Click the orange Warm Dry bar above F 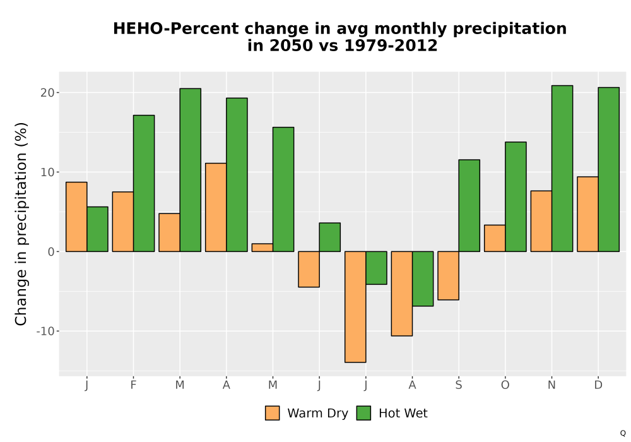[123, 222]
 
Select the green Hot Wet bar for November [562, 169]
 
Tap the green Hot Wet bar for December [608, 169]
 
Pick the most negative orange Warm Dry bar [355, 307]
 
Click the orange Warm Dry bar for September [448, 276]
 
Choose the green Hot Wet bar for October [516, 197]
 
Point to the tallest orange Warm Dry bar [216, 207]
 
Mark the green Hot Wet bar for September [469, 206]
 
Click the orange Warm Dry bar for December [588, 214]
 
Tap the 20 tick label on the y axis [47, 93]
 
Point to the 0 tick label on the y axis [51, 251]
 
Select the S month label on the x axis [458, 385]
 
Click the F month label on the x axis [133, 385]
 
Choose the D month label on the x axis [598, 385]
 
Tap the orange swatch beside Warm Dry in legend [273, 413]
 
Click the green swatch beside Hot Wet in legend [363, 413]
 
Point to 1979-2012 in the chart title [391, 45]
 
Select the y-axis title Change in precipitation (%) [21, 224]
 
